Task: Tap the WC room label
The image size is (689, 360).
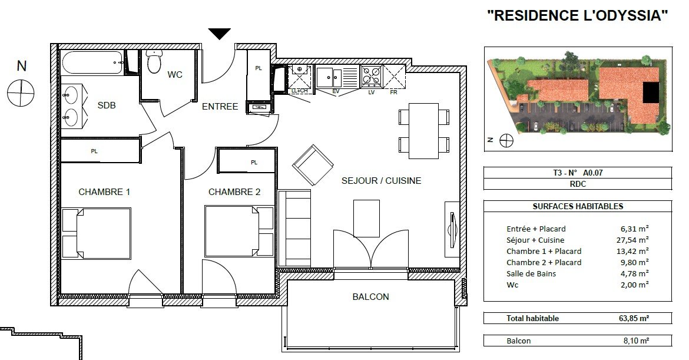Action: pos(175,75)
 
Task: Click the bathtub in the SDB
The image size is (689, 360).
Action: pos(92,63)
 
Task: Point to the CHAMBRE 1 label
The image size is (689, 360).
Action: pos(104,192)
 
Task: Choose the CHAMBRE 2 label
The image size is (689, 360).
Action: pos(234,192)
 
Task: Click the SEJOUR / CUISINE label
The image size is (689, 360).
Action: pos(382,181)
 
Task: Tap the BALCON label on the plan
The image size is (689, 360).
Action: pos(371,297)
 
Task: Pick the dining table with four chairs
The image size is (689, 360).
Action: pos(423,131)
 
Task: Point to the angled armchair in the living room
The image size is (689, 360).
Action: pos(313,166)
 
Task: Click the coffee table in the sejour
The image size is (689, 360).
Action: pos(366,219)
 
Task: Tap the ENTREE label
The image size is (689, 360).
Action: pos(220,107)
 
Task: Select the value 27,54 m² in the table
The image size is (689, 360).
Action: pos(632,240)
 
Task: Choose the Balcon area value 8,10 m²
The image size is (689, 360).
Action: pos(636,341)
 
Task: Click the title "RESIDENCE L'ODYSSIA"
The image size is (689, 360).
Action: pos(577,15)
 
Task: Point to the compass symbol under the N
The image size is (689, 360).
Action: pos(21,93)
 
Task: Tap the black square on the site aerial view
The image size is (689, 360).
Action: pos(651,93)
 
